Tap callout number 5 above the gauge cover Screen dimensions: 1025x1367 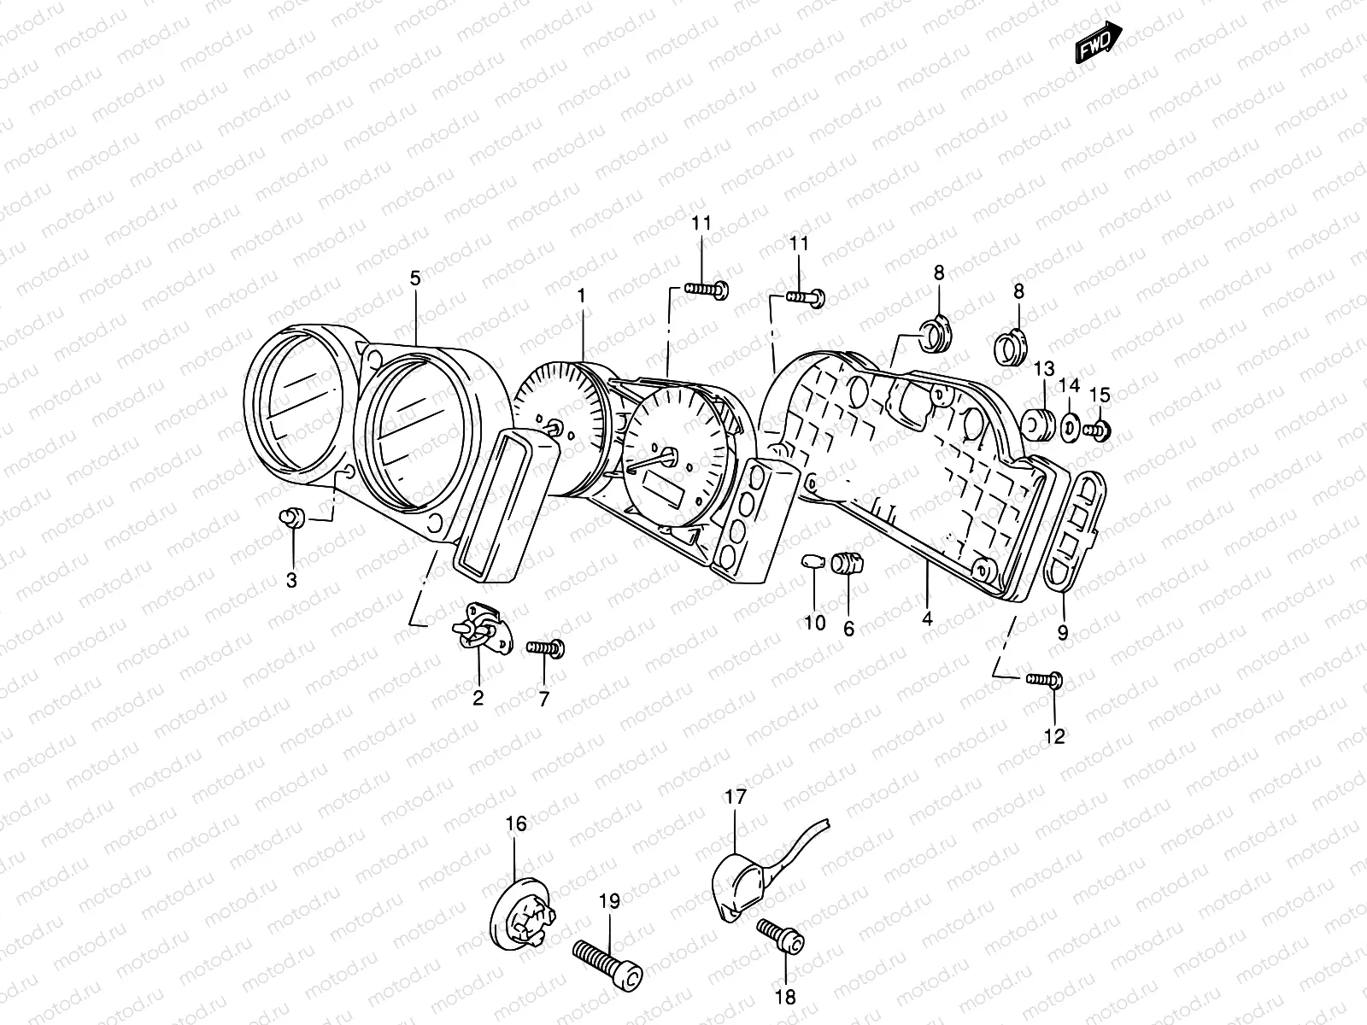coord(415,278)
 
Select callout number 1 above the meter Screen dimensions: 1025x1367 coord(581,296)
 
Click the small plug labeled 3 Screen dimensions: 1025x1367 coord(292,518)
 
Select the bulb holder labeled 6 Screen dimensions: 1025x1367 coord(848,563)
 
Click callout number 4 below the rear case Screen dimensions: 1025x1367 coord(928,619)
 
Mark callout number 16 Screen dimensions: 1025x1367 coord(516,824)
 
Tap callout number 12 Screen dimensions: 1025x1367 coord(1055,736)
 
